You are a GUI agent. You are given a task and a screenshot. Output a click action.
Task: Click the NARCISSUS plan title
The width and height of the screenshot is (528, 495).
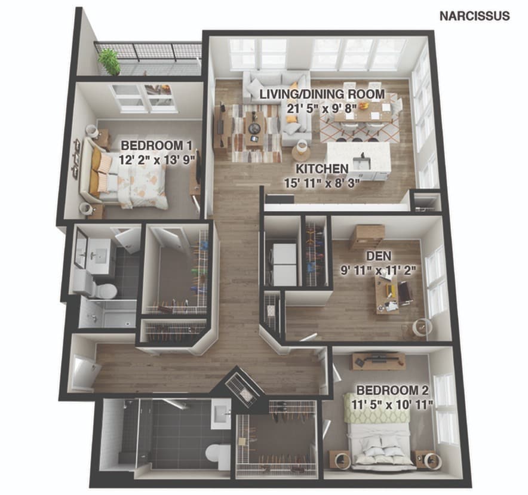tap(474, 16)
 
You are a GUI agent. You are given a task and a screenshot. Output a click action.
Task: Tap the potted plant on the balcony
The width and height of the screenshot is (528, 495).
tap(109, 62)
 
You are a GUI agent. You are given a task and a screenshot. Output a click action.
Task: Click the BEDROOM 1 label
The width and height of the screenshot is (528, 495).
tap(156, 146)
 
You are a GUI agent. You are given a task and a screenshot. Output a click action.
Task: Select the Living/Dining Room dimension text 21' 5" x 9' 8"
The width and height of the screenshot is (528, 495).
tap(321, 109)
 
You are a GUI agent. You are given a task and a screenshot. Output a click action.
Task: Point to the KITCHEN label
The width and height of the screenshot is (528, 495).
tap(322, 169)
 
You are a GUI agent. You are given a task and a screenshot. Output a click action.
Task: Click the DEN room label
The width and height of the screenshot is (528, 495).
tap(379, 256)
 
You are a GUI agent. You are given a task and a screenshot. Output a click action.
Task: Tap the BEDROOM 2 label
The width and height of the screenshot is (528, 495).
tap(392, 391)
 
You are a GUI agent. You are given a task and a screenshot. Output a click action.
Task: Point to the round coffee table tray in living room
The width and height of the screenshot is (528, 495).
tap(254, 128)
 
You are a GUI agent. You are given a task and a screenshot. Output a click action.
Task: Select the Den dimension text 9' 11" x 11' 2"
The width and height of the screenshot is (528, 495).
tap(379, 270)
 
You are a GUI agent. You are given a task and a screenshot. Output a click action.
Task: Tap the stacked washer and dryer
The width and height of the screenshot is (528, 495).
tap(285, 265)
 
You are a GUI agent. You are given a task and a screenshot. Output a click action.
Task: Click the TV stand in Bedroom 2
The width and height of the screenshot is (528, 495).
tap(379, 361)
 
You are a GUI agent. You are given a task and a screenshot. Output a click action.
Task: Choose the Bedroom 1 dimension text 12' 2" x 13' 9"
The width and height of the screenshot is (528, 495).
tap(157, 159)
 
